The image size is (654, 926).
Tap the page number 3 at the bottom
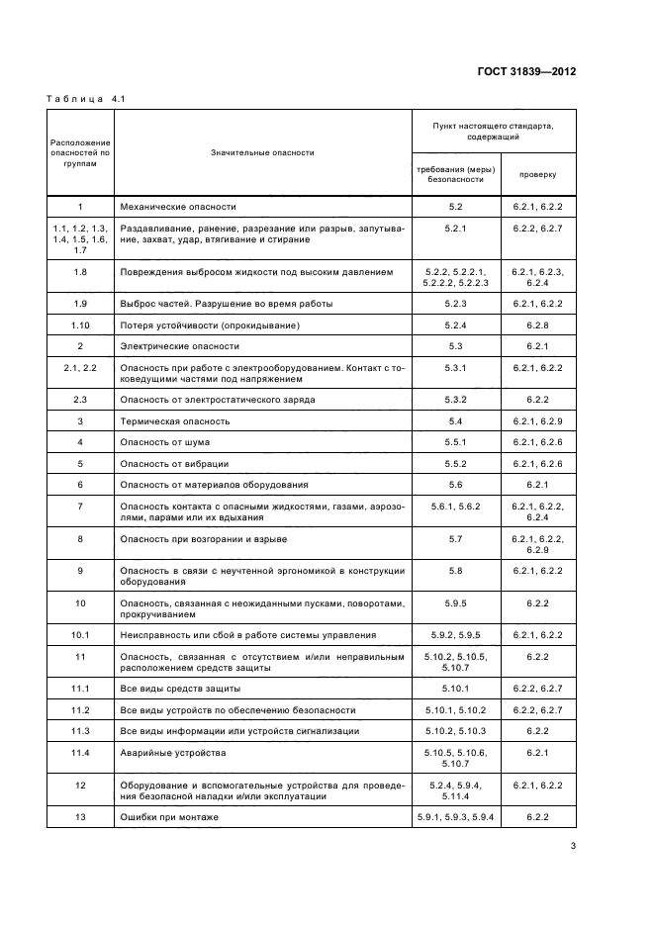click(x=573, y=845)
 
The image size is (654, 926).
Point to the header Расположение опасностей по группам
click(x=80, y=152)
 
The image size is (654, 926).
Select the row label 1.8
click(x=80, y=271)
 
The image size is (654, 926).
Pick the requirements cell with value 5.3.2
click(x=455, y=399)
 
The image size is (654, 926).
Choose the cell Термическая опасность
click(x=175, y=420)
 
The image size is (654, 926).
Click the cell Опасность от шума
click(x=164, y=441)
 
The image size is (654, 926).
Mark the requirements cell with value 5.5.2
click(x=455, y=463)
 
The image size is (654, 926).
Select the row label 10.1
click(x=80, y=634)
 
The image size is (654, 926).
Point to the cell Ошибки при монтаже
click(x=168, y=817)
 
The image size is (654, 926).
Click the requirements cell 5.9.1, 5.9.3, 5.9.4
click(x=455, y=817)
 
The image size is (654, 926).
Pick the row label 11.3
click(x=80, y=730)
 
